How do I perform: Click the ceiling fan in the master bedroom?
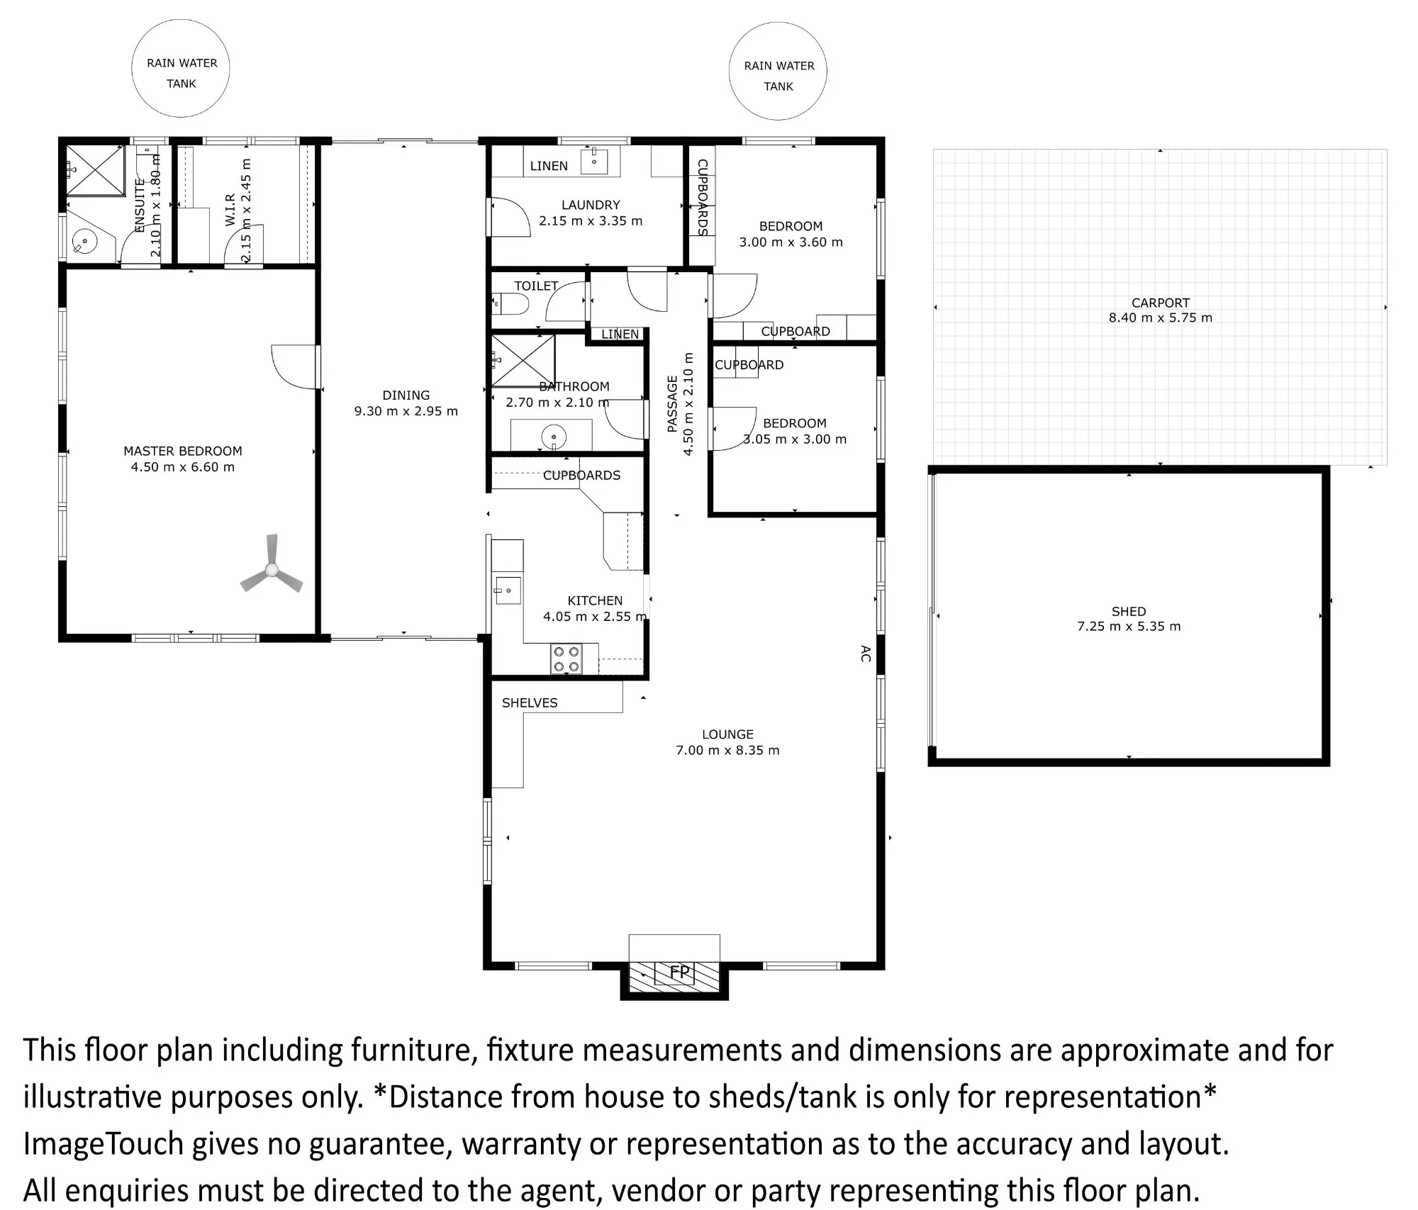tap(272, 569)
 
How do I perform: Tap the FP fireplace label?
tap(679, 972)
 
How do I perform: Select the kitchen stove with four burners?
tap(566, 659)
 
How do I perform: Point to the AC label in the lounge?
tap(865, 654)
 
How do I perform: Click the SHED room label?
tap(1129, 611)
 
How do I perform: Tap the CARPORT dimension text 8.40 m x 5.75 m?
tap(1161, 318)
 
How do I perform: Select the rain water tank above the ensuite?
tap(181, 69)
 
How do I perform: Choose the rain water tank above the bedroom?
tap(778, 71)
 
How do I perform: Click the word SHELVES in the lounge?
tap(530, 702)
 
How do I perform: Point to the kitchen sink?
tap(508, 590)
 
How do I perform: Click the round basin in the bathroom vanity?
tap(553, 436)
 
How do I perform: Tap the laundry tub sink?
tap(594, 161)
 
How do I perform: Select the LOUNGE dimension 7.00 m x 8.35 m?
tap(727, 750)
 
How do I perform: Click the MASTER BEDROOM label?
tap(183, 451)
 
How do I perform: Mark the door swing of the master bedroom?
tap(294, 366)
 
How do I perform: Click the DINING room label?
tap(406, 395)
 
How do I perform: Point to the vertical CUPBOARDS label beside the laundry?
tap(703, 197)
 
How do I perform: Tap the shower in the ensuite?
tap(96, 169)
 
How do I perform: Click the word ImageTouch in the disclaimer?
tap(104, 1143)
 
